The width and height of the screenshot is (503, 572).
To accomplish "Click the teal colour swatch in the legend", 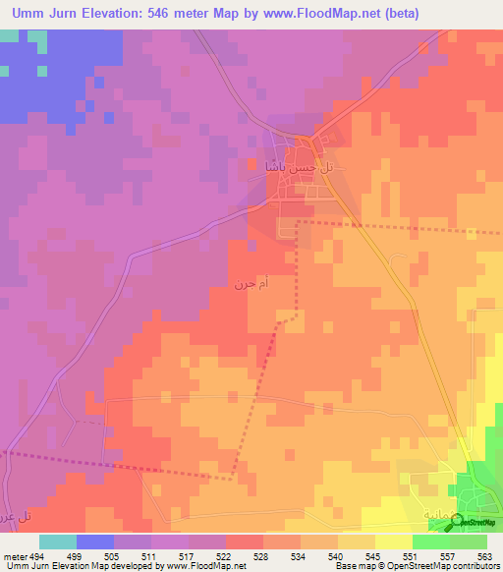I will pyautogui.click(x=58, y=542).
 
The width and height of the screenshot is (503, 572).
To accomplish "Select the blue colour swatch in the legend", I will pyautogui.click(x=95, y=542).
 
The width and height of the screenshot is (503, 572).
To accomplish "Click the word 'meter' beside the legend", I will pyautogui.click(x=13, y=555).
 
